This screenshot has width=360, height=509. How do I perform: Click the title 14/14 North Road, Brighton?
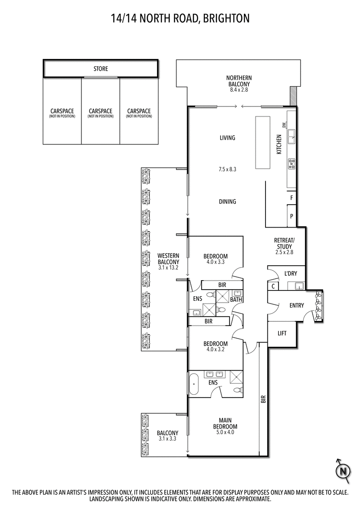[x=180, y=18]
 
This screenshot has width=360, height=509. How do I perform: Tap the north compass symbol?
[x=343, y=470]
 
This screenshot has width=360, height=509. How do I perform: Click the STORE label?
[x=100, y=69]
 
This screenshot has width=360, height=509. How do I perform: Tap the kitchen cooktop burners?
[x=292, y=164]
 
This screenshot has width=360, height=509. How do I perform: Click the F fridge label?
[x=292, y=197]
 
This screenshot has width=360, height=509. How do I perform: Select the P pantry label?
[x=292, y=216]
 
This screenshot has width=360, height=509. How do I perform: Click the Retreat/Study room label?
[x=284, y=246]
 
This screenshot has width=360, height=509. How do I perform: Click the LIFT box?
[x=282, y=334]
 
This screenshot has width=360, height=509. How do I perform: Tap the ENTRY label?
[x=297, y=305]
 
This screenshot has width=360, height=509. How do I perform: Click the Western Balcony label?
[x=168, y=261]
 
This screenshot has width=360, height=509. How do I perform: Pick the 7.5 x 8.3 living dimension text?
[x=227, y=170]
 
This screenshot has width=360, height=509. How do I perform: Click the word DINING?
[x=227, y=201]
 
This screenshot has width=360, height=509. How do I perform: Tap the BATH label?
[x=236, y=299]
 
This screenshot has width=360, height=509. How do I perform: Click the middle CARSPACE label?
[x=100, y=111]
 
